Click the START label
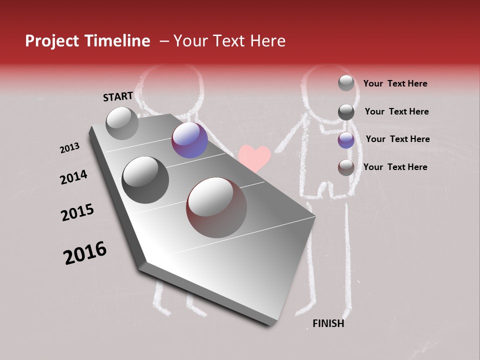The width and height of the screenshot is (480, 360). click(118, 96)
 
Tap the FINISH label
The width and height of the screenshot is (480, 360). click(328, 323)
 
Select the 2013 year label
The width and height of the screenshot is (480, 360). click(70, 148)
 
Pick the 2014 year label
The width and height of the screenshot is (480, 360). click(74, 177)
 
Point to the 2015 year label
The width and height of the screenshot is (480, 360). click(77, 212)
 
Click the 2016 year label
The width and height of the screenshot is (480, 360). click(85, 253)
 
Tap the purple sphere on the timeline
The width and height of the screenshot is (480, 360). click(189, 140)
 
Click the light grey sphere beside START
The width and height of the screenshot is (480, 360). click(122, 123)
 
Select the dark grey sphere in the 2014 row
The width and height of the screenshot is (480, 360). click(145, 180)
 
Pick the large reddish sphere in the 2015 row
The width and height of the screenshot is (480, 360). click(216, 207)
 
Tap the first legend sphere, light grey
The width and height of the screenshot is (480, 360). click(346, 83)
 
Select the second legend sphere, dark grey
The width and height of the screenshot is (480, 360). click(346, 112)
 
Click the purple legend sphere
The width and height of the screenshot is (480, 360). click(346, 140)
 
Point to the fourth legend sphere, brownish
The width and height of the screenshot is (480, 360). click(346, 167)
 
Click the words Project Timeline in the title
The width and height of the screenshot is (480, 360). click(87, 41)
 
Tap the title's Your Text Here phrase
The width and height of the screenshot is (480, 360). click(229, 41)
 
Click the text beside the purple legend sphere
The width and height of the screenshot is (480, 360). click(397, 139)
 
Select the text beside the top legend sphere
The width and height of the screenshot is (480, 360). click(395, 83)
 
